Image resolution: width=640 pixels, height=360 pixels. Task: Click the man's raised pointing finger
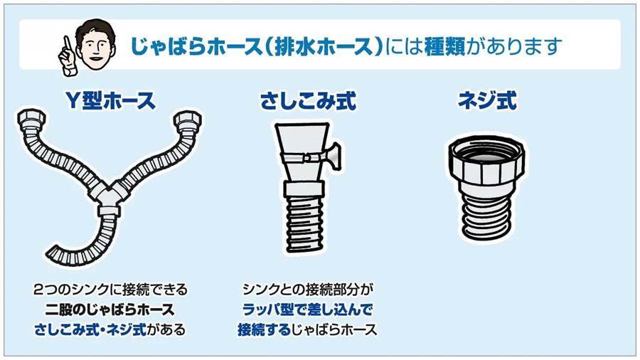(65, 45)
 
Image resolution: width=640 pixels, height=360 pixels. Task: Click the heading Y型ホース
(111, 100)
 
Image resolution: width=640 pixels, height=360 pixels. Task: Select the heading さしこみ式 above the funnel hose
(308, 101)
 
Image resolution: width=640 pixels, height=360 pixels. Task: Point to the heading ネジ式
(487, 100)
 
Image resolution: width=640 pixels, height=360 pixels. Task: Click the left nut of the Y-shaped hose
(31, 120)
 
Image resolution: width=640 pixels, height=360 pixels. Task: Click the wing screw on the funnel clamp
(332, 154)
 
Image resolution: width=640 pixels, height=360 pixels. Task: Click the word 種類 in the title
(444, 46)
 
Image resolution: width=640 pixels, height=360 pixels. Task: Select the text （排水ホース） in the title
(322, 46)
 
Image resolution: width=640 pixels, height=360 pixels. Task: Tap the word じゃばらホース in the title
(196, 46)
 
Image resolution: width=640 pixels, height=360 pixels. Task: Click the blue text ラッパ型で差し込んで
(307, 309)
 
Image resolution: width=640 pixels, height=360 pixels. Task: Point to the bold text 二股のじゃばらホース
(110, 309)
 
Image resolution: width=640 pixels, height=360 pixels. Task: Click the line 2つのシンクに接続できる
(110, 290)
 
